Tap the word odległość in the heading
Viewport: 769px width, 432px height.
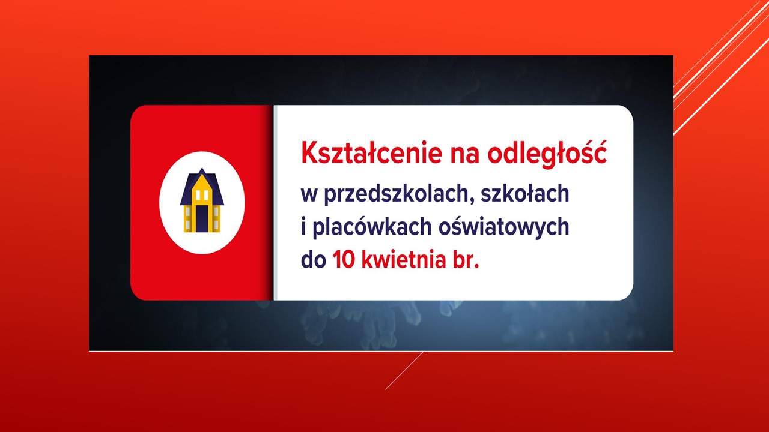(x=547, y=153)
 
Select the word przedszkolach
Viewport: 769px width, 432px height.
(x=397, y=194)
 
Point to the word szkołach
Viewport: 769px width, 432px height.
(x=525, y=193)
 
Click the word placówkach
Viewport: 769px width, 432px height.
(x=372, y=227)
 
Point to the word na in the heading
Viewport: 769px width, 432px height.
(x=464, y=155)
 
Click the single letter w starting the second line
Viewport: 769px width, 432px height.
(x=309, y=195)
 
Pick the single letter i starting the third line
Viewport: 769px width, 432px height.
(x=303, y=227)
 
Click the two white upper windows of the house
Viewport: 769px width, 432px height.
(x=202, y=195)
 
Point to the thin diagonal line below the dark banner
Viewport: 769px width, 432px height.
(x=404, y=370)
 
